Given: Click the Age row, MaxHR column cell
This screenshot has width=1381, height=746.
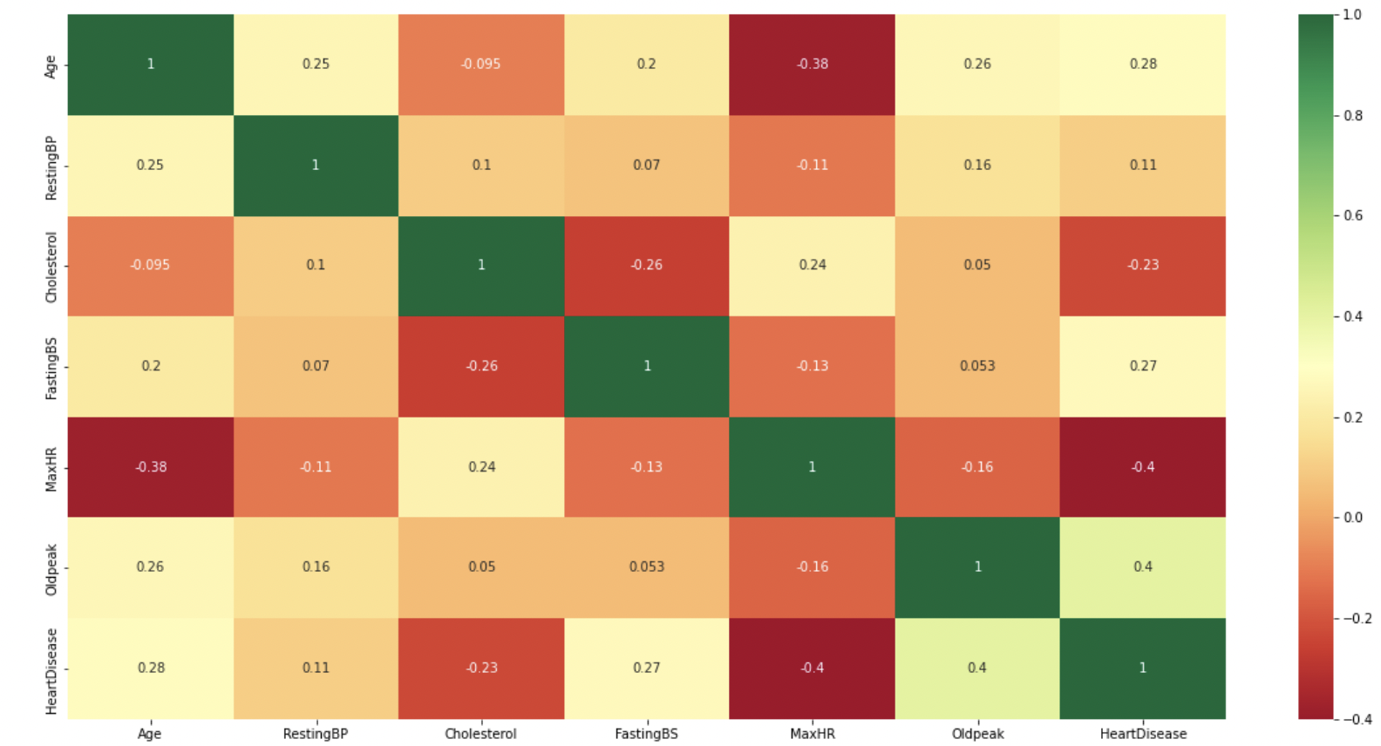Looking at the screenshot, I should (x=812, y=64).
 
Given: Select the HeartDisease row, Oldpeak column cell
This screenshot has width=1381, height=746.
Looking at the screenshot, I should (x=977, y=668).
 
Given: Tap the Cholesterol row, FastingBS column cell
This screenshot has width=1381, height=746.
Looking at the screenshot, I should (x=646, y=265).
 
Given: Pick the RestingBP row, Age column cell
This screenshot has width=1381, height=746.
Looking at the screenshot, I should (x=150, y=165).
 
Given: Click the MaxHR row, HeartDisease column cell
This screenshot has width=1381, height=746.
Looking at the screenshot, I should (x=1142, y=466).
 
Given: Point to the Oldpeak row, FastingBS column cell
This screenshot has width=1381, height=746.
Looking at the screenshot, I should (x=646, y=566).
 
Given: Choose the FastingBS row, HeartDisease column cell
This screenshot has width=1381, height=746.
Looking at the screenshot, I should (x=1142, y=366).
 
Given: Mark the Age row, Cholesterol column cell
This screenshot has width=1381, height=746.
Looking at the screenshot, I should (x=480, y=64).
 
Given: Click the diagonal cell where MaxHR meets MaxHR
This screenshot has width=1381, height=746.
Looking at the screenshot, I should (x=812, y=466).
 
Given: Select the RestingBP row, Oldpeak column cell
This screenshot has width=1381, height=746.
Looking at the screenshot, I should (x=977, y=165).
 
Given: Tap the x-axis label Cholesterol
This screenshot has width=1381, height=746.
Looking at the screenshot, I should (x=480, y=734).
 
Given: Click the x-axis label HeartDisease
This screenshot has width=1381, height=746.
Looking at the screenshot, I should (x=1142, y=734).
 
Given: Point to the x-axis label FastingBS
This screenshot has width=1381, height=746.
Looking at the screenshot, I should (x=646, y=734).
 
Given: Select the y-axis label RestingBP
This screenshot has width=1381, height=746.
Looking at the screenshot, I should (x=51, y=167).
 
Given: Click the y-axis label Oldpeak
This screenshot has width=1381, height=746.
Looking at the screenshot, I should (x=51, y=569).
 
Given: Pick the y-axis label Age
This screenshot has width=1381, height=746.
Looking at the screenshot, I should (x=51, y=66).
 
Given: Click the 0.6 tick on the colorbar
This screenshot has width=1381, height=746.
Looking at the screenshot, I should (x=1352, y=215).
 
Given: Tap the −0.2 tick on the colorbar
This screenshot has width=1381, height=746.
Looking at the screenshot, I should (x=1357, y=618).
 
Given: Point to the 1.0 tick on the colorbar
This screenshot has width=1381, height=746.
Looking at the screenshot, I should (x=1352, y=15).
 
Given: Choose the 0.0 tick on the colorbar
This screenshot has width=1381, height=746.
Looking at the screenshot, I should (x=1352, y=518).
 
